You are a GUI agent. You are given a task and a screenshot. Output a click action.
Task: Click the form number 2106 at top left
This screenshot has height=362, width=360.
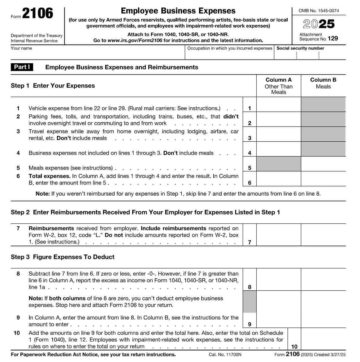coord(37,14)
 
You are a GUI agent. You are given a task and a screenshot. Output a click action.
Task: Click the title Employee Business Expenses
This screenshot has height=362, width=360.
coord(178,11)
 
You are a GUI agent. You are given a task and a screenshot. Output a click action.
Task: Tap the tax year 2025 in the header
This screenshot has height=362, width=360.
coord(319,24)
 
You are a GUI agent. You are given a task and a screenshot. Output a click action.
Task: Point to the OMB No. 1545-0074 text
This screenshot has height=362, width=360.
coord(319,11)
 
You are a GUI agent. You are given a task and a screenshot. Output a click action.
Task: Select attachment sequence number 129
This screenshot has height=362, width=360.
coord(333,38)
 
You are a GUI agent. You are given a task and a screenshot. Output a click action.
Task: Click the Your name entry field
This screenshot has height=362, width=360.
coord(98,55)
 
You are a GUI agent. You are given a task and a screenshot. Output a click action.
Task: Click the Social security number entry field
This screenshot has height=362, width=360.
coord(310,55)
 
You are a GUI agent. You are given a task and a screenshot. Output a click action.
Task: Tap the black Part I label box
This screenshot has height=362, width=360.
coord(22,67)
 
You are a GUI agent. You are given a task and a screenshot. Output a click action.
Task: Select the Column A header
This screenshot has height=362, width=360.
coord(279,86)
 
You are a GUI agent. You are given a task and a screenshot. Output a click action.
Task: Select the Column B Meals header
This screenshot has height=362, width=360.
coord(323,83)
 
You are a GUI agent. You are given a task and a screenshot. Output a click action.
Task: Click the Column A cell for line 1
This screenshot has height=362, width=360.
coord(279,105)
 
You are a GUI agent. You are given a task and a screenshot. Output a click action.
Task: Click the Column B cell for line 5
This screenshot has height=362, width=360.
coord(323,164)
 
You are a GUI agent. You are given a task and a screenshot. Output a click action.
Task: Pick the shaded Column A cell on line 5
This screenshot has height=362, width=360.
coord(279,164)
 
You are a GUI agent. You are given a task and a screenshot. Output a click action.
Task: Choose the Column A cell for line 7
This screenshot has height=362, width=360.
coord(279,235)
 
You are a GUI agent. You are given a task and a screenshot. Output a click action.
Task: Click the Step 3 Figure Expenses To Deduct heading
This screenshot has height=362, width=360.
coord(63,257)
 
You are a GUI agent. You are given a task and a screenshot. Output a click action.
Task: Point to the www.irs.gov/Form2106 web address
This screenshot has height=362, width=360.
coord(135,41)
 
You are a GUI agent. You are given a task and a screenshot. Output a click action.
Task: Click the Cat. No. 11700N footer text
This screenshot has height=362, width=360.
coord(225,355)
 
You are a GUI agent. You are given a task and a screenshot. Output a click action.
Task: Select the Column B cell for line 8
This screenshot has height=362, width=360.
coord(323,280)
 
